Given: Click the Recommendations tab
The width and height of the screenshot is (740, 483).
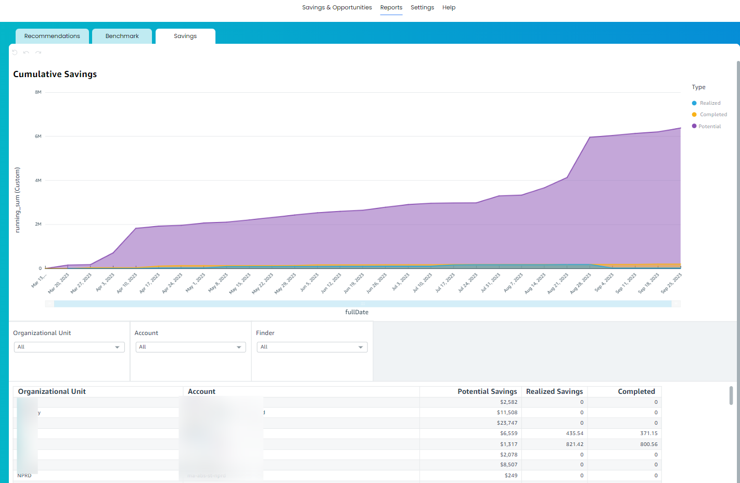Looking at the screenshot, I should tap(52, 36).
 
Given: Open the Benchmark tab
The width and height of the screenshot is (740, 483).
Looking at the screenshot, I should tap(122, 36).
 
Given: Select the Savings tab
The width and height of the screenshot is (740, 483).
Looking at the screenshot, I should tap(185, 36).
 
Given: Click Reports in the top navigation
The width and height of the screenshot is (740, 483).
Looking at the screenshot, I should tap(391, 7).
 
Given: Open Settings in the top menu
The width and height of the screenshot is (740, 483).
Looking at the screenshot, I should tap(422, 7).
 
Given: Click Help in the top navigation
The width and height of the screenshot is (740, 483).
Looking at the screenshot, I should tap(449, 7).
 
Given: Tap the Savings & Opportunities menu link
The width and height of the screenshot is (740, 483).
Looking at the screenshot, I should tap(337, 7).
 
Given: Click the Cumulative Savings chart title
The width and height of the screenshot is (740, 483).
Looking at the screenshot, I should tap(55, 74).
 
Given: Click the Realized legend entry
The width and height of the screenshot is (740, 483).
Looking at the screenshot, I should tap(710, 103).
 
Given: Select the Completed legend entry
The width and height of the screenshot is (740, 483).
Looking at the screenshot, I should tap(713, 115).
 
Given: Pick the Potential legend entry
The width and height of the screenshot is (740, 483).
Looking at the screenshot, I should tap(709, 127).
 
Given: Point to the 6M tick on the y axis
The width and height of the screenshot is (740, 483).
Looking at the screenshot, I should tap(38, 137).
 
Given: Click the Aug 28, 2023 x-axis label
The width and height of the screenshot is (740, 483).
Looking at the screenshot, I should tap(581, 283).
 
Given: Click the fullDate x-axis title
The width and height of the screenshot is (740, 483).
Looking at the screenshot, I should tap(356, 312).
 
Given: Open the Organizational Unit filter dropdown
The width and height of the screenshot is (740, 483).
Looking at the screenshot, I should tap(69, 347).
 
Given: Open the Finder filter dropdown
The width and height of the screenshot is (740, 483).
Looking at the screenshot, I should tap(312, 347).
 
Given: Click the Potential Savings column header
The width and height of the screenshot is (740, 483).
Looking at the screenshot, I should tap(487, 391).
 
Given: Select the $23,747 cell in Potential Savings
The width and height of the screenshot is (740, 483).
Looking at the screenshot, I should tap(507, 423).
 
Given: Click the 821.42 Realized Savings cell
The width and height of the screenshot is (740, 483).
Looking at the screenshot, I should tap(575, 444).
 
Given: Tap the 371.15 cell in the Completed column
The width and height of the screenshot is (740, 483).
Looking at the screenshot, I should tap(648, 434).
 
